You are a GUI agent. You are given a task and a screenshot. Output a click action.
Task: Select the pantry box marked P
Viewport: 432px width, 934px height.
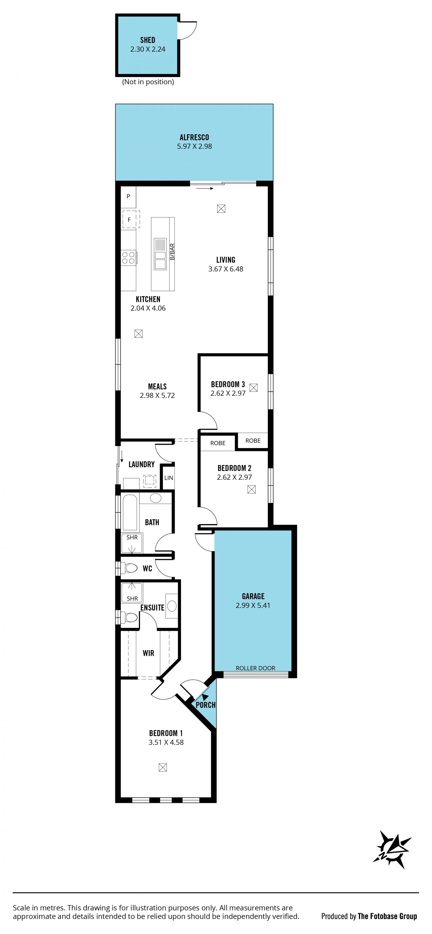[x=128, y=197]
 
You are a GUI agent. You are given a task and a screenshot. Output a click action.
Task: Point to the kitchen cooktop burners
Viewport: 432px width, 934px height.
[x=128, y=258]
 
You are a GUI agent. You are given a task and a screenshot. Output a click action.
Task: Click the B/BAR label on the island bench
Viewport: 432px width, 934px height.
[x=172, y=252]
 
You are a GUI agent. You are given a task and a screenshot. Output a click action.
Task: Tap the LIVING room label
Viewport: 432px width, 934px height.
[x=225, y=260]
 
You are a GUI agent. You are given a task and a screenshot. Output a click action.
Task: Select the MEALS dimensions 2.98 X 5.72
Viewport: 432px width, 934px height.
[x=157, y=396]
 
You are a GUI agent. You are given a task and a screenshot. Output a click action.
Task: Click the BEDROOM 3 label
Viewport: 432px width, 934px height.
[x=228, y=384]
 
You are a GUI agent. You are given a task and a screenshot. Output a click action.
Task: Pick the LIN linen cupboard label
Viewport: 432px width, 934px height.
[x=169, y=478]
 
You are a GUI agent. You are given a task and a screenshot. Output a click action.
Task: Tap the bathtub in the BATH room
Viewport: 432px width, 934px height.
[x=130, y=513]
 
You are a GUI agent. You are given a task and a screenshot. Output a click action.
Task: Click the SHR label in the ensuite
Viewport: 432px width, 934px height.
[x=132, y=599]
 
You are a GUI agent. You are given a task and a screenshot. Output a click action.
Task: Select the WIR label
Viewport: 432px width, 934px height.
[x=148, y=653]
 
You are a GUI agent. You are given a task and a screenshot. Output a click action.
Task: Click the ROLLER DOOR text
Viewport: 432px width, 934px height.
[x=256, y=668]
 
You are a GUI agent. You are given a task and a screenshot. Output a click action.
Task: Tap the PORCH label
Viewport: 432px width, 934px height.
[x=205, y=705]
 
